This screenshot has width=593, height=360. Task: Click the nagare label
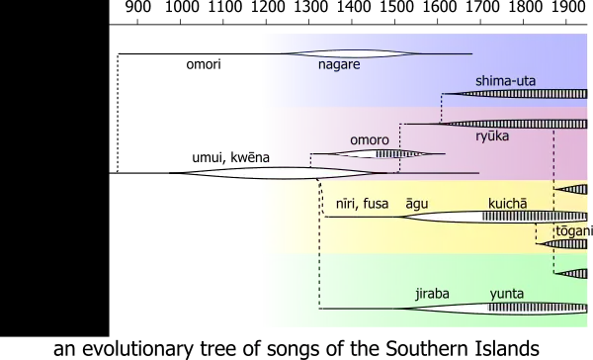[x=338, y=65]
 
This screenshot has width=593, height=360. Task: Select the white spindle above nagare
[x=350, y=53]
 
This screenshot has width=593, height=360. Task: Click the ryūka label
[x=492, y=136]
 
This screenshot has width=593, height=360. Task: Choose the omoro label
[x=370, y=140]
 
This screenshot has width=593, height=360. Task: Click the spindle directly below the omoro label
[x=381, y=154]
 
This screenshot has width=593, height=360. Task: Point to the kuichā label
[x=507, y=204]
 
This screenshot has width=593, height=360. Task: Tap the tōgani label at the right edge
[x=574, y=230]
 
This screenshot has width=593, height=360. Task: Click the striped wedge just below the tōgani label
[x=571, y=242]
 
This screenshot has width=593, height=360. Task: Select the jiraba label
[x=433, y=294]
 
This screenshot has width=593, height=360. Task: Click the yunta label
[x=506, y=294]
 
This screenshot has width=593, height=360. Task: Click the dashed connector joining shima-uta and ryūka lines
[x=440, y=109]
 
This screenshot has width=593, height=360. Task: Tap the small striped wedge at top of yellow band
[x=571, y=189]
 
